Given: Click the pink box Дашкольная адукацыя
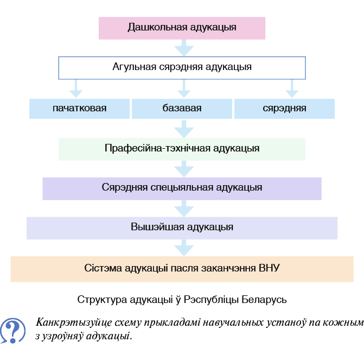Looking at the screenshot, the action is [x=182, y=28].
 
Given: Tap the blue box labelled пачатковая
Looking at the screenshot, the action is [x=79, y=109].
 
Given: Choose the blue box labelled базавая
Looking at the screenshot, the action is [x=182, y=109].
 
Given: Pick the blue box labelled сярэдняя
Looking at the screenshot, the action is [x=285, y=109].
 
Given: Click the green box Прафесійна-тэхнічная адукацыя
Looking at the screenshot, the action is [x=182, y=149].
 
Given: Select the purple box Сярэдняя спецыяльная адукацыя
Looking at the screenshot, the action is [x=182, y=189].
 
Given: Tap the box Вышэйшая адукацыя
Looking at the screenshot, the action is [x=182, y=228].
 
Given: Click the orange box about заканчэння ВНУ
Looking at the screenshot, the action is [x=182, y=269].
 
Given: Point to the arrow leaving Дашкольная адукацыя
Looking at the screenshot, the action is [x=184, y=48].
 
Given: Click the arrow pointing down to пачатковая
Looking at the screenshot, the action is [x=76, y=89].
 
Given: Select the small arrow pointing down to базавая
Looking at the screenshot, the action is [x=184, y=89].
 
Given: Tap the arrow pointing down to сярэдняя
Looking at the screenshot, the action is [x=292, y=89].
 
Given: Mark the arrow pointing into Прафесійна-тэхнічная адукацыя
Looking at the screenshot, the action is [x=184, y=129].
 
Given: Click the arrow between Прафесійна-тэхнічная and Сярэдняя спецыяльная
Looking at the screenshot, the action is [x=184, y=169].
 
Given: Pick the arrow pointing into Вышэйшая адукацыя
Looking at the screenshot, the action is [x=184, y=209].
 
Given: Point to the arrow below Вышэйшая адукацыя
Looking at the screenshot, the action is [x=184, y=248].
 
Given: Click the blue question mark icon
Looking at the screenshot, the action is [x=13, y=331].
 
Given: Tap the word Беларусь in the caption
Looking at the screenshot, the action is [x=264, y=300].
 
